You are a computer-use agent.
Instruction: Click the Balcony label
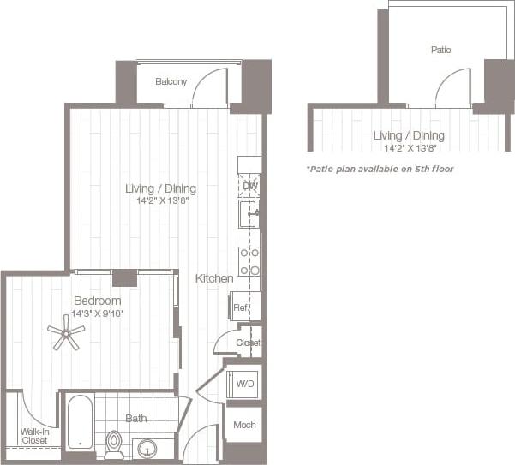coord(171,82)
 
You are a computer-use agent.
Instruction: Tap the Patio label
coord(440,51)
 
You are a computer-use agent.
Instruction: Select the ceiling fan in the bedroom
coord(65,331)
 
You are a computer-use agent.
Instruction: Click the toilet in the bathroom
coord(114,444)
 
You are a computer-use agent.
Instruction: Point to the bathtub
coord(79,421)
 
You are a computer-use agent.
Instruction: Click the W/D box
coord(243,385)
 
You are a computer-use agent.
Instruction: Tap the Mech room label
coord(243,424)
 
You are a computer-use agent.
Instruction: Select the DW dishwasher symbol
coord(249,186)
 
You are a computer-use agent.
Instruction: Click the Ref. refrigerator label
coord(241,307)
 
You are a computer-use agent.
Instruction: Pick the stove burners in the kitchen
coord(249,262)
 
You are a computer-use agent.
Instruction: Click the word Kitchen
coord(214,278)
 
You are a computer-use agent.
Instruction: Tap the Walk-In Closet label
coord(34,436)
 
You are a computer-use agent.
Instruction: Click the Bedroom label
coord(97,301)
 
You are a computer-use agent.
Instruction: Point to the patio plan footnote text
coord(380,169)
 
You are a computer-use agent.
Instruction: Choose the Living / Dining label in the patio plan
coord(409,135)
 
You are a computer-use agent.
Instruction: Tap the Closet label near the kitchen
coord(249,343)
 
